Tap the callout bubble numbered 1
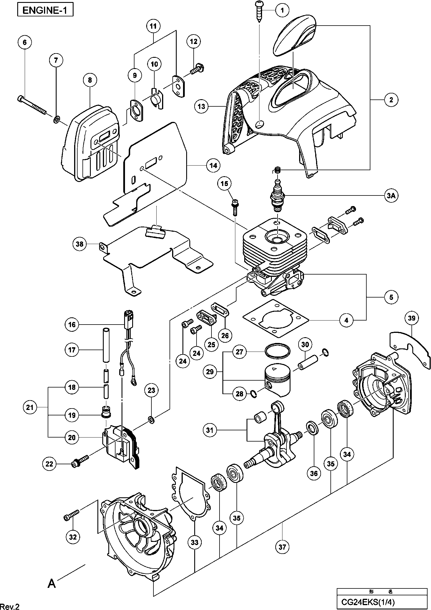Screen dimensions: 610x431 282,11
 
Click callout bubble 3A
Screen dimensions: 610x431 391,196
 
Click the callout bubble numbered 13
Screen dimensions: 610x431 202,107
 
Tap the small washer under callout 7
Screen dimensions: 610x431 57,118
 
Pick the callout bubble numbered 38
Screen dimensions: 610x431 80,244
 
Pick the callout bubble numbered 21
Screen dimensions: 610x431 30,407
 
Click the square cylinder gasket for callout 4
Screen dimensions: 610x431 276,318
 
